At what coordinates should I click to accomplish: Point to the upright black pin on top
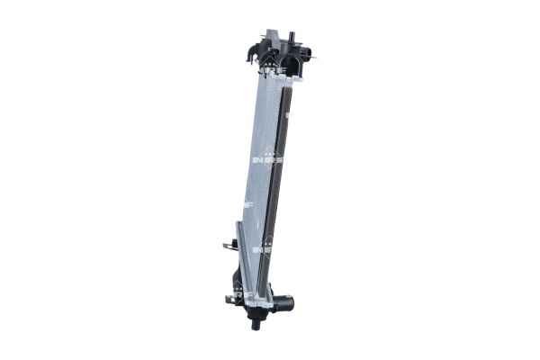click(x=291, y=37)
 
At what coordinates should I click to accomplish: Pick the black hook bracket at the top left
click(x=248, y=54)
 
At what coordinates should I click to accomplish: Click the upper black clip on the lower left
click(x=229, y=244)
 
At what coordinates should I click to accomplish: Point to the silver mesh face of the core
click(x=258, y=162)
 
